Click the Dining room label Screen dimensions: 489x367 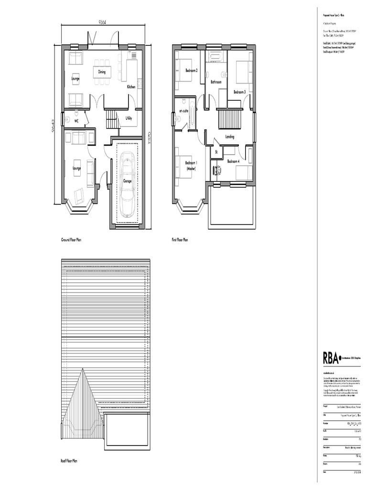click(102, 72)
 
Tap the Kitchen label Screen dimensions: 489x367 click(131, 87)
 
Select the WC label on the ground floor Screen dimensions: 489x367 click(76, 121)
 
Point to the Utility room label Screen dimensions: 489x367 click(129, 118)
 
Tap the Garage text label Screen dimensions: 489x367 click(128, 181)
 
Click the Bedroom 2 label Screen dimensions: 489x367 click(192, 71)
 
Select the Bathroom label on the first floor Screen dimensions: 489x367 click(216, 82)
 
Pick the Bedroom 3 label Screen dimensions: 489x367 click(239, 92)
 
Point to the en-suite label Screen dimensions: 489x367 click(184, 111)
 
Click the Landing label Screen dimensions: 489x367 click(230, 137)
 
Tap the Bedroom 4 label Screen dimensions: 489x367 click(233, 161)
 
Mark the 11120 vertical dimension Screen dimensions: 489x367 click(149, 138)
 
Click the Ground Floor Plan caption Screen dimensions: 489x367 click(71, 240)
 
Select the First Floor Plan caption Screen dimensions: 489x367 click(180, 240)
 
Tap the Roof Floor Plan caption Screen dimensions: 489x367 click(69, 461)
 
